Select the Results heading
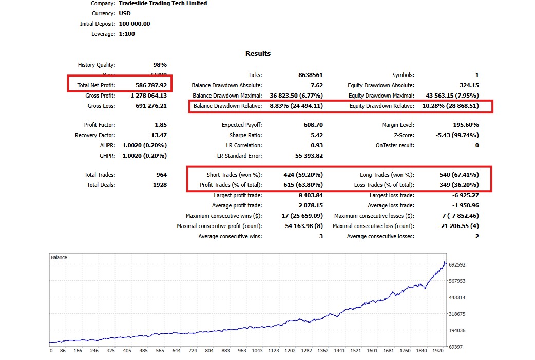pyautogui.click(x=258, y=54)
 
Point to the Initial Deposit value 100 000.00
pyautogui.click(x=134, y=24)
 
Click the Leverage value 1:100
pyautogui.click(x=127, y=34)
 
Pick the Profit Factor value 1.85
pyautogui.click(x=160, y=125)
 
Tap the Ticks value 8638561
pyautogui.click(x=310, y=75)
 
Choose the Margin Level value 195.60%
pyautogui.click(x=464, y=125)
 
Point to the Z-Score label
pyautogui.click(x=403, y=135)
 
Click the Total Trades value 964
pyautogui.click(x=161, y=175)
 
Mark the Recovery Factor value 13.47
pyautogui.click(x=158, y=135)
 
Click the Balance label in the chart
pyautogui.click(x=59, y=257)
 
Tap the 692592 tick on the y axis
pyautogui.click(x=456, y=265)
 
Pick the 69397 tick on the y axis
pyautogui.click(x=455, y=347)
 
